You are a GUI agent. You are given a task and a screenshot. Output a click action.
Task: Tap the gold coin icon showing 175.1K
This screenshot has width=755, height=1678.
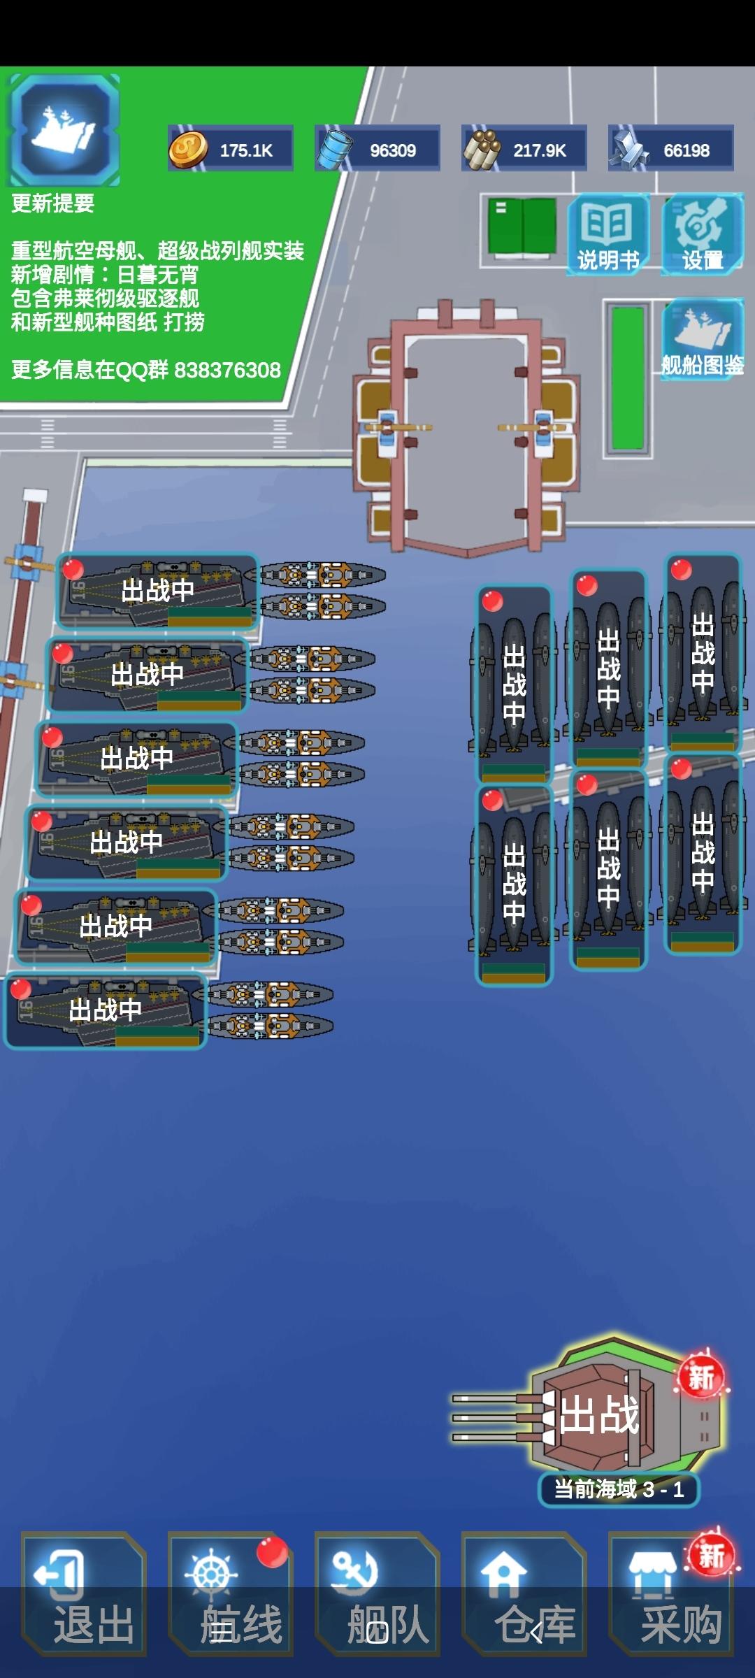coord(188,150)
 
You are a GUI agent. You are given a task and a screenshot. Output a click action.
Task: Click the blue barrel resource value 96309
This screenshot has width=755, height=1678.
coord(392,150)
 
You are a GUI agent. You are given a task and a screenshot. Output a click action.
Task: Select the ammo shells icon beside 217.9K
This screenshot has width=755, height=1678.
coord(482,150)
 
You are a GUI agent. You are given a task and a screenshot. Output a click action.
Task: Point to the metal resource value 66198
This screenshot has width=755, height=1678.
coord(686,150)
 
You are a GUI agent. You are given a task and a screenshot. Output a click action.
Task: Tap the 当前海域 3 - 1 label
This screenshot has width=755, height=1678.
coord(619,1489)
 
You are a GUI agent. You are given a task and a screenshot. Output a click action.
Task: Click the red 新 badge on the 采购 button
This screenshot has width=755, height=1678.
coord(712,1554)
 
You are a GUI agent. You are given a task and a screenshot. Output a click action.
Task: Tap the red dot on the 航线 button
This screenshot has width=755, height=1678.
coord(272,1552)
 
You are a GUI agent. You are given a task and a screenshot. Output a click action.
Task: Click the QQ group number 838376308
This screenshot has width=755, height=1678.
coord(227,370)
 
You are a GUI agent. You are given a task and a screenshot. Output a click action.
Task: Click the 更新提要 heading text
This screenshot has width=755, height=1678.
coord(53,203)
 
